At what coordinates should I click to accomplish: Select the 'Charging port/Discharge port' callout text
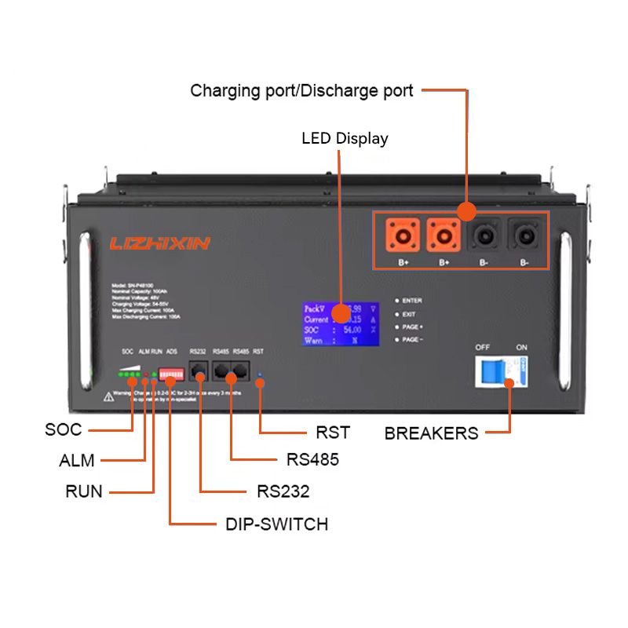301,91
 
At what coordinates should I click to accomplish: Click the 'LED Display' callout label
345,139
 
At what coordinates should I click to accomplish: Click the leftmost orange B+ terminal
403,235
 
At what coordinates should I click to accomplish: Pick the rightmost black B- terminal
524,235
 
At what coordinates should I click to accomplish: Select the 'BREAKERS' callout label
431,433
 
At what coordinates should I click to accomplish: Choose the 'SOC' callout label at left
64,430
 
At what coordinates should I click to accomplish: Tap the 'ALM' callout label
77,461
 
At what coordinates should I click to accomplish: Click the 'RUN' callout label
84,492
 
